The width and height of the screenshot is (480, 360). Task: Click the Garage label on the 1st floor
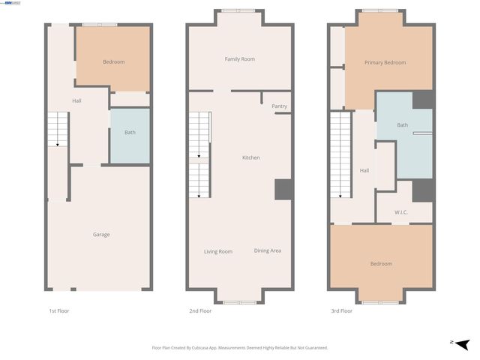pos(101,235)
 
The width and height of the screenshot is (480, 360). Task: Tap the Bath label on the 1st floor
pos(130,133)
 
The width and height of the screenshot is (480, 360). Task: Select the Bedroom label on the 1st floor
pos(114,61)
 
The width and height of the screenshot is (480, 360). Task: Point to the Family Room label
pos(240,58)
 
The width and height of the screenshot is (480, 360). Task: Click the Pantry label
pos(279,106)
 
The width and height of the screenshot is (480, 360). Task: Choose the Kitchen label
pos(250,157)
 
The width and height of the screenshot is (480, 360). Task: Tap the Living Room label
pos(218,251)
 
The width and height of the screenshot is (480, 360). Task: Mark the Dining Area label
pos(268,250)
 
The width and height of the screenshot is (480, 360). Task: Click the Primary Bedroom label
pos(385,62)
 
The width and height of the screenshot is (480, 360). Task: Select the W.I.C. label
pos(401,212)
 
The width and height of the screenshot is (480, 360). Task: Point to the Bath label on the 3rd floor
pos(403,125)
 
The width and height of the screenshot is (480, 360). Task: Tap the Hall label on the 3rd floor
pos(364,171)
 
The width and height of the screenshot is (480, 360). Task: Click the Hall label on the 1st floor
pos(76,100)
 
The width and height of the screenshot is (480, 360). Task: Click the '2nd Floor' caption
pos(200,310)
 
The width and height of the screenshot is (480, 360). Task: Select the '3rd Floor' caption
pos(341,310)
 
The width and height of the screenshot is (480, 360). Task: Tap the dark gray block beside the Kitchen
pos(283,189)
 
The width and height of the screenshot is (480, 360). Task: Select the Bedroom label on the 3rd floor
pos(381,264)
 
